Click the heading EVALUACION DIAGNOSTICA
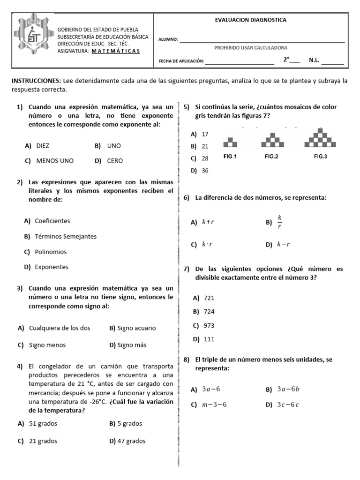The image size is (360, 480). point(250,20)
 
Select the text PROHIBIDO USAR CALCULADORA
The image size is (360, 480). point(250,48)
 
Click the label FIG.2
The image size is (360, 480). point(271,157)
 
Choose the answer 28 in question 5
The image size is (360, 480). point(205,158)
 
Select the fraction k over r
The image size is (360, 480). point(280,222)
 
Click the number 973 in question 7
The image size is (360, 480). point(209,325)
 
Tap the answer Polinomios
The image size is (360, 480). point(51,252)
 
